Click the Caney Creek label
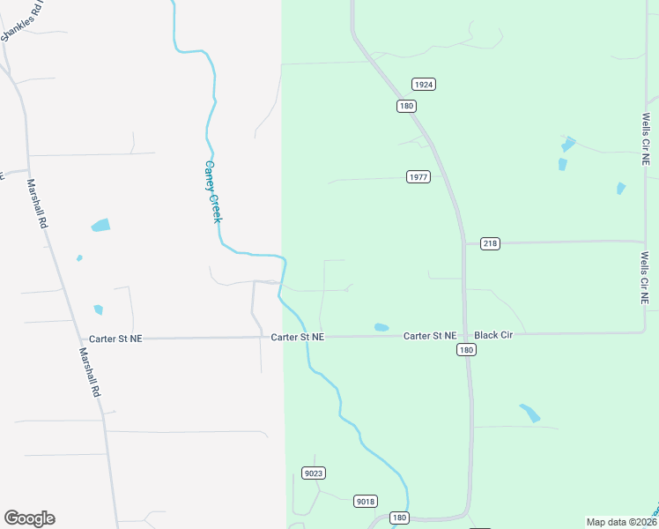pos(211,191)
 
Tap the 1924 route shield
pos(424,85)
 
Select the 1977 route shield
pos(418,177)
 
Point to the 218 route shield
pos(490,243)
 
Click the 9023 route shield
pos(313,473)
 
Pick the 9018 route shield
pos(366,502)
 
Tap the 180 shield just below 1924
pos(406,106)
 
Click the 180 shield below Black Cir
pos(467,350)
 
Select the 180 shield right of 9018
pos(400,518)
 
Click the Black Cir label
pos(493,336)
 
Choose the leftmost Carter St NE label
pos(115,339)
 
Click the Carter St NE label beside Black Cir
pos(430,336)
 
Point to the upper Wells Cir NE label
pos(645,139)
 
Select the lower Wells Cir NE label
pos(645,278)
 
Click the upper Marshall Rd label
pos(37,205)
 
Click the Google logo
pos(29,518)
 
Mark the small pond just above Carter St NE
pos(381,327)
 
